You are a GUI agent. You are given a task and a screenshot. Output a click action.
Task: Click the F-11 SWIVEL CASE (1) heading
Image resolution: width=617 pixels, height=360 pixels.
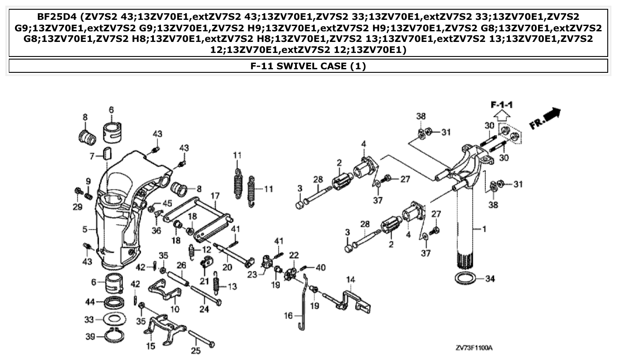point(308,67)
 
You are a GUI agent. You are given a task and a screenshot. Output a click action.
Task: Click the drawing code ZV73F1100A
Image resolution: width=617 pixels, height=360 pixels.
point(474,348)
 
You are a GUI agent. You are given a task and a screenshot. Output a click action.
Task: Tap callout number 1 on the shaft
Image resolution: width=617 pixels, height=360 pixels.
point(484,229)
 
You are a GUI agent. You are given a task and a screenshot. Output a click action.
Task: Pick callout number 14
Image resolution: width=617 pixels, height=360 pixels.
point(351,279)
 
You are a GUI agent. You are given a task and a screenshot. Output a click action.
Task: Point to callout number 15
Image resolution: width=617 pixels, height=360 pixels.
point(151,347)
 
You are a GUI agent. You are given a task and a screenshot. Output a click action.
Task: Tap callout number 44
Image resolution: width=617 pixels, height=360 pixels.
point(90,302)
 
